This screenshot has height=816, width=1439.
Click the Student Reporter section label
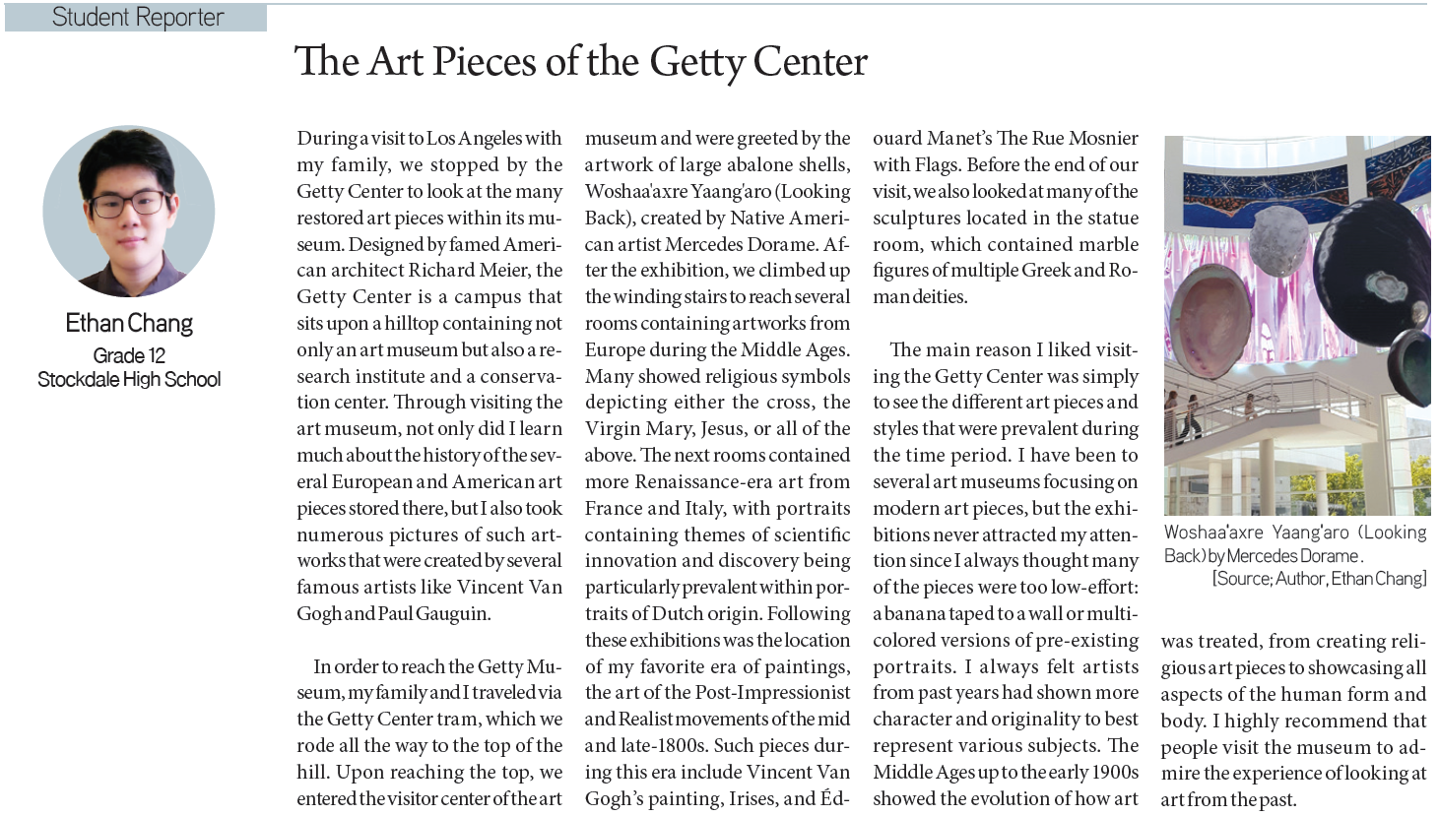pyautogui.click(x=137, y=18)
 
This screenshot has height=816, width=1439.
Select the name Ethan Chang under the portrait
pyautogui.click(x=129, y=323)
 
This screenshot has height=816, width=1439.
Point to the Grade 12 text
pyautogui.click(x=129, y=355)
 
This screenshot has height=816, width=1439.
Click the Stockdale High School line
pyautogui.click(x=129, y=379)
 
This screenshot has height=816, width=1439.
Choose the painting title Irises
pyautogui.click(x=750, y=799)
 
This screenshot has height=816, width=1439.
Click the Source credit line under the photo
pyautogui.click(x=1318, y=579)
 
